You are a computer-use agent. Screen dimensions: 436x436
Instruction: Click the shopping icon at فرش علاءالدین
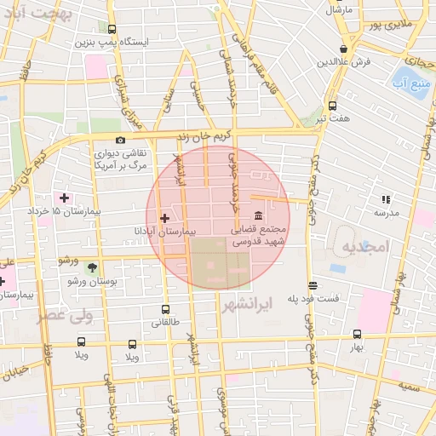point(343,49)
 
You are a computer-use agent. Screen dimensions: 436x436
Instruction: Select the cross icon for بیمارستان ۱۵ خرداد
point(64,198)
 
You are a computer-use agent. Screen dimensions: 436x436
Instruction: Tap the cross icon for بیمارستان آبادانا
point(164,219)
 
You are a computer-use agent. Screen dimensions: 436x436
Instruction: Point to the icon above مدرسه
point(386,199)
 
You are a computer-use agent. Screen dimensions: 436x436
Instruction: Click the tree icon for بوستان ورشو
point(92,267)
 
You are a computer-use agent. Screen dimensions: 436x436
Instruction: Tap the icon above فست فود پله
point(313,285)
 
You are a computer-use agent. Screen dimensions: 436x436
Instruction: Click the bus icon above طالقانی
point(165,310)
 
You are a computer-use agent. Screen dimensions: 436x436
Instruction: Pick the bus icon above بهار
point(357,335)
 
